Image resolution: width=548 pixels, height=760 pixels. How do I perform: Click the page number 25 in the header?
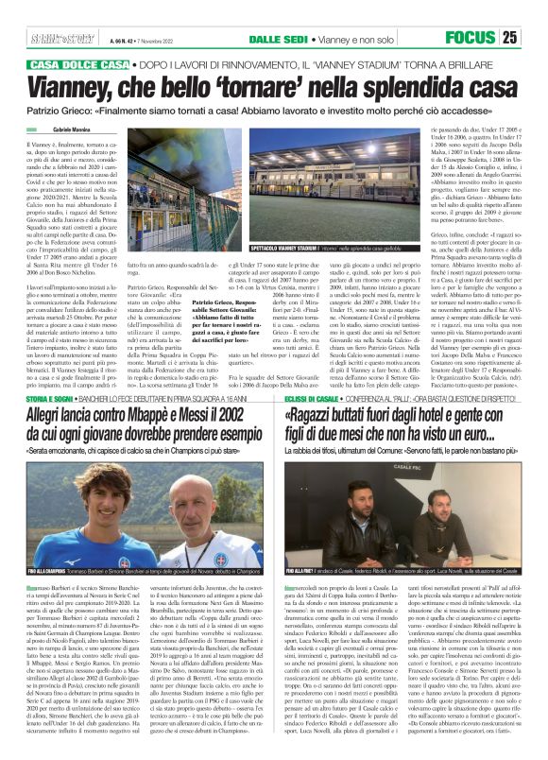(x=535, y=37)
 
